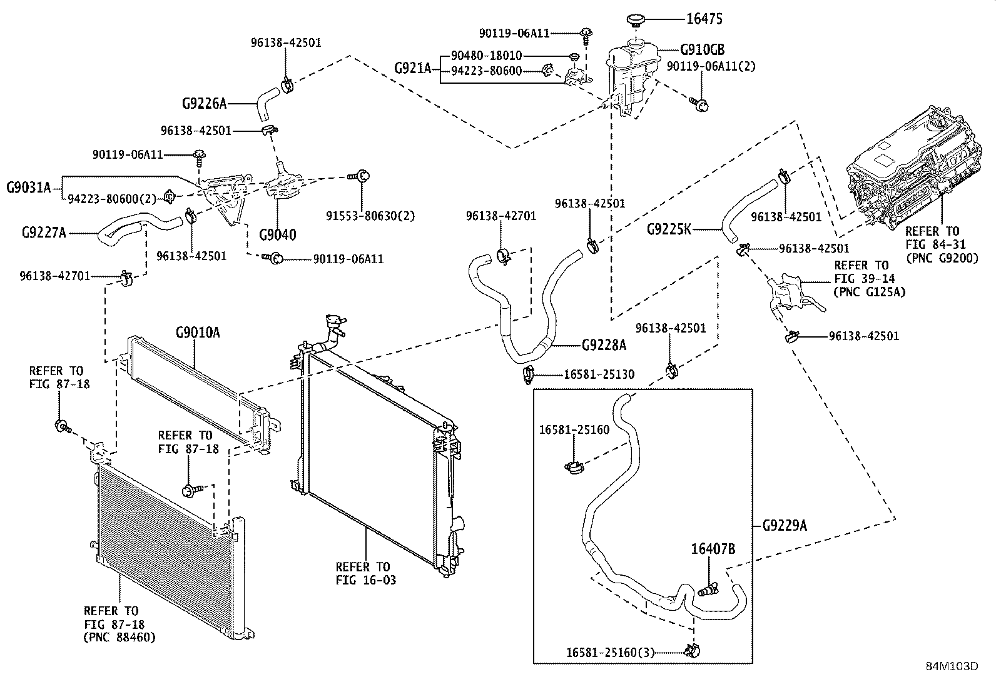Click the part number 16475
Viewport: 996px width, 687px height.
(704, 19)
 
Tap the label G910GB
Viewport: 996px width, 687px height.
(702, 50)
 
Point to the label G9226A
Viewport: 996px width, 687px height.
(204, 103)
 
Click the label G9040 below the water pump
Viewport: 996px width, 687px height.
(278, 234)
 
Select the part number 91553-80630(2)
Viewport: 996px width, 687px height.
(370, 216)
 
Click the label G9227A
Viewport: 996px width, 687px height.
(44, 233)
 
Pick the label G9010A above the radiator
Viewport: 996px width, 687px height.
(198, 332)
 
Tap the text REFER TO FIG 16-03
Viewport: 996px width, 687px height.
(365, 573)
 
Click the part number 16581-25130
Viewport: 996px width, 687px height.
(599, 374)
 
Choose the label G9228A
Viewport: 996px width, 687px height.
(604, 344)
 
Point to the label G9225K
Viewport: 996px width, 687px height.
(669, 229)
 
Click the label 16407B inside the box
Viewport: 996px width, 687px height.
(713, 549)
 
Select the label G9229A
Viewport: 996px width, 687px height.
(785, 526)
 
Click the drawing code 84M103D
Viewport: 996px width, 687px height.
(952, 666)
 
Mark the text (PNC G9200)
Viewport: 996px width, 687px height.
(942, 257)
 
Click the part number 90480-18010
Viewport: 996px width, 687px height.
(486, 56)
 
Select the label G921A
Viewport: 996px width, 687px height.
(413, 68)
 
